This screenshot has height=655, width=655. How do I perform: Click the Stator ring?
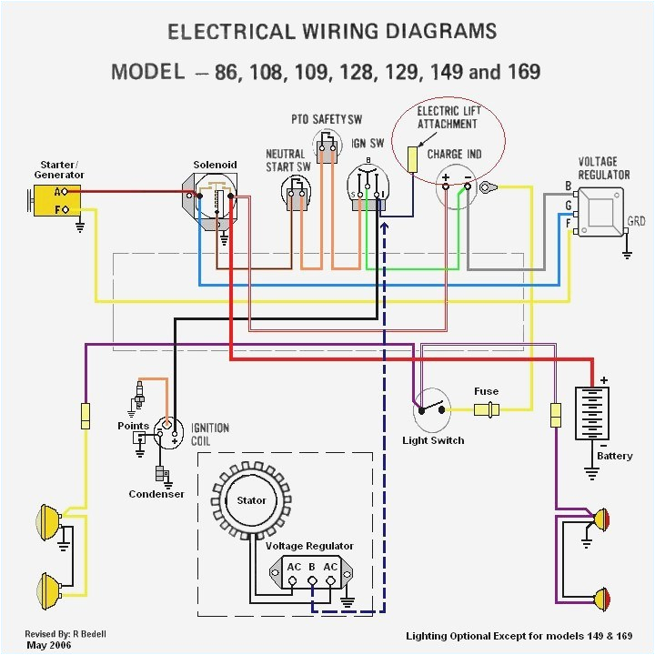[252, 500]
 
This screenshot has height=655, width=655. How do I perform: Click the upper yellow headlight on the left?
[45, 522]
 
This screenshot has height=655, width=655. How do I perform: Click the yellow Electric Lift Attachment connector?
[412, 159]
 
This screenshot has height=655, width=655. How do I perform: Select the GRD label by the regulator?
[637, 221]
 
